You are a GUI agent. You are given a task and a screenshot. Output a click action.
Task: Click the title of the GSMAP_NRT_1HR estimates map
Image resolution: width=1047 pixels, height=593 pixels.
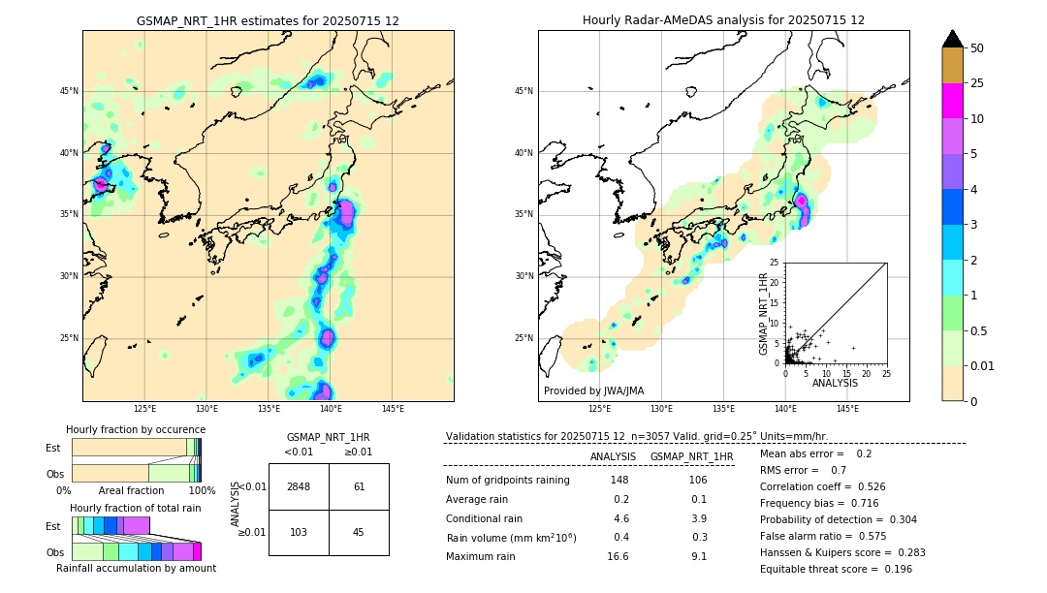268,20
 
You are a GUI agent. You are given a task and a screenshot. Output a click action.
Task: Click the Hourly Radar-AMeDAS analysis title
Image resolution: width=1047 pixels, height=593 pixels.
723,20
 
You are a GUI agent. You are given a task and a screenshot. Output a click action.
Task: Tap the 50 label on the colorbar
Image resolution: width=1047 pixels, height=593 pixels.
977,48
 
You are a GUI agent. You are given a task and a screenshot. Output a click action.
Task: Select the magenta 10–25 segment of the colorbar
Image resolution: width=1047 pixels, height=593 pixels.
953,101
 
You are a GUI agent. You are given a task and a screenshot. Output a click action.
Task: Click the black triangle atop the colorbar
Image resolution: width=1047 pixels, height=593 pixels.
953,39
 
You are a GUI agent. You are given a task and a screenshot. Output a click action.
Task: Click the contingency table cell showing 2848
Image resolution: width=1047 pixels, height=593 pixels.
299,486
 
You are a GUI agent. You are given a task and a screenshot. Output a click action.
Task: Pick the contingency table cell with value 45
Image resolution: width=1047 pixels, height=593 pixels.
359,532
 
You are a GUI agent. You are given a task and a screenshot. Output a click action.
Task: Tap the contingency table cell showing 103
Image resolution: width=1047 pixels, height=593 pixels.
299,532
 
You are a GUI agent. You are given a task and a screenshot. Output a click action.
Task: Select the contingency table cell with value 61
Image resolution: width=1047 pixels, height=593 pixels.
359,486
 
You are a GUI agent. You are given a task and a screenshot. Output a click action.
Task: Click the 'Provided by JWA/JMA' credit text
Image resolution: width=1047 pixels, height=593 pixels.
593,391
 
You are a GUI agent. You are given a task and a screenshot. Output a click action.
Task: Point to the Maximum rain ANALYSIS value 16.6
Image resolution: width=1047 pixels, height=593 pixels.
618,556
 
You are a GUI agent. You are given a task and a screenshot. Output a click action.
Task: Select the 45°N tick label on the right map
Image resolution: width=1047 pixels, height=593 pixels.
523,91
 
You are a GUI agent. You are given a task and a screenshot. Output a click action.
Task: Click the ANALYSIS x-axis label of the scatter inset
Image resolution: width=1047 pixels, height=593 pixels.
835,383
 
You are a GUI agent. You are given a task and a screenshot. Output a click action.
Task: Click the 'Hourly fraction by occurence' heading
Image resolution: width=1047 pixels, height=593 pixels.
136,429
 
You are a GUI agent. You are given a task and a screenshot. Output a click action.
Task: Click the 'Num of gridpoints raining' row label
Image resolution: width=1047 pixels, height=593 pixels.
507,480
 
